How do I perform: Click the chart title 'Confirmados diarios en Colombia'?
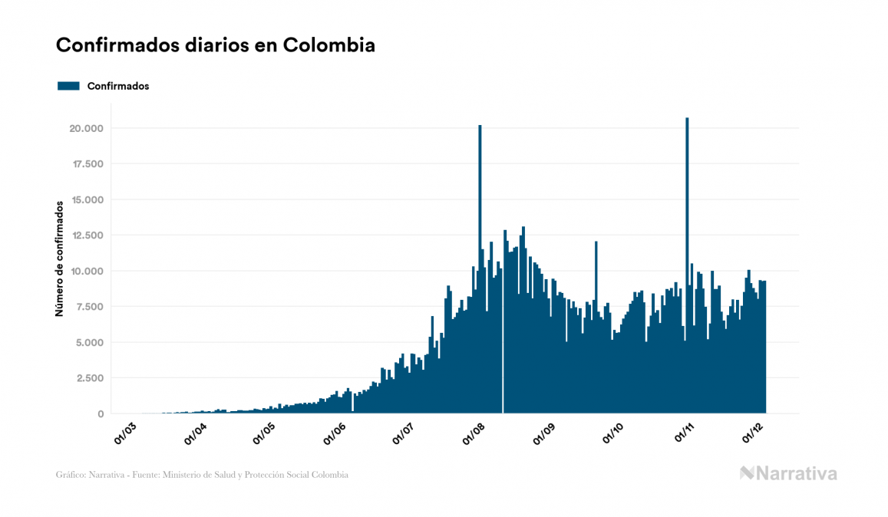tap(216, 45)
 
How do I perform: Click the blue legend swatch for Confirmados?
tap(69, 86)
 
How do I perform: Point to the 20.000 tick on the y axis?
tap(85, 128)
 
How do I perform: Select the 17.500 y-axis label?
tap(85, 164)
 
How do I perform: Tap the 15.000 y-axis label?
tap(85, 199)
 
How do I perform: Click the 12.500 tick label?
tap(85, 235)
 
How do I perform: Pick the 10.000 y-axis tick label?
tap(85, 271)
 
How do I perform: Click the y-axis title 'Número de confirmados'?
tap(59, 258)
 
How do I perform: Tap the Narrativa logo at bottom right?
tap(788, 473)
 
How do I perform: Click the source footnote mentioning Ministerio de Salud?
tap(202, 475)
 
